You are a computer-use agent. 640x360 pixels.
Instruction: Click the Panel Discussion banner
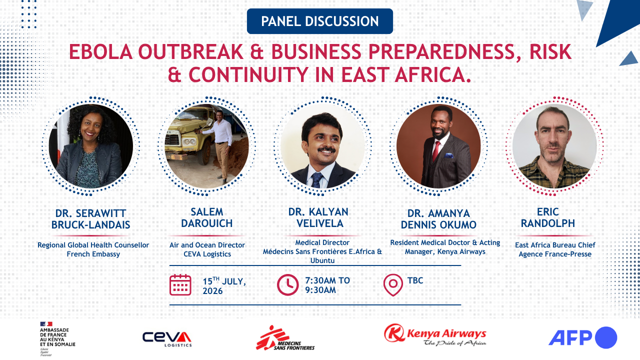click(319, 21)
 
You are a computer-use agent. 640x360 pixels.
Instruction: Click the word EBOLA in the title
click(101, 52)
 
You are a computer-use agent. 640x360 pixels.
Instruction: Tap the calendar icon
click(180, 285)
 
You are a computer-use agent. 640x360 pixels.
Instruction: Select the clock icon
click(287, 285)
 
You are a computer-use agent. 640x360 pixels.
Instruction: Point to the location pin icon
click(393, 285)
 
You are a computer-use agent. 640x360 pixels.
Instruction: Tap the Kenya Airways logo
click(435, 335)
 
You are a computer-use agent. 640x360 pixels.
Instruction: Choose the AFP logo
click(583, 337)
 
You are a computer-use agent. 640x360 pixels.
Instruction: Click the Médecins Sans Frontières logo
click(285, 338)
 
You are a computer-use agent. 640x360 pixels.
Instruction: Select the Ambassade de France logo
click(57, 339)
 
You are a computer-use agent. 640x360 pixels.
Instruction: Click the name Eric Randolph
click(547, 217)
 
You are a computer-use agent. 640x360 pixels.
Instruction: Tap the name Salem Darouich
click(207, 217)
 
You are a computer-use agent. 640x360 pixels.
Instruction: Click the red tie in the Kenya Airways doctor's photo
click(436, 151)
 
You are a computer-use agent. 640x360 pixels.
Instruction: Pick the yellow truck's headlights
click(188, 141)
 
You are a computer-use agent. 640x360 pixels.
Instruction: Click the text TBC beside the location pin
click(415, 280)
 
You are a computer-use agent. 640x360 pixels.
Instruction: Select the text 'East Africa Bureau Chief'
click(555, 245)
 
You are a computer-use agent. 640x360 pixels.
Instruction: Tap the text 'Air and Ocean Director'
click(207, 245)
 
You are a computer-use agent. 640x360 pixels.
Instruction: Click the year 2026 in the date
click(212, 291)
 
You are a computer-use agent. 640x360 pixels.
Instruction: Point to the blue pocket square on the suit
click(449, 155)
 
